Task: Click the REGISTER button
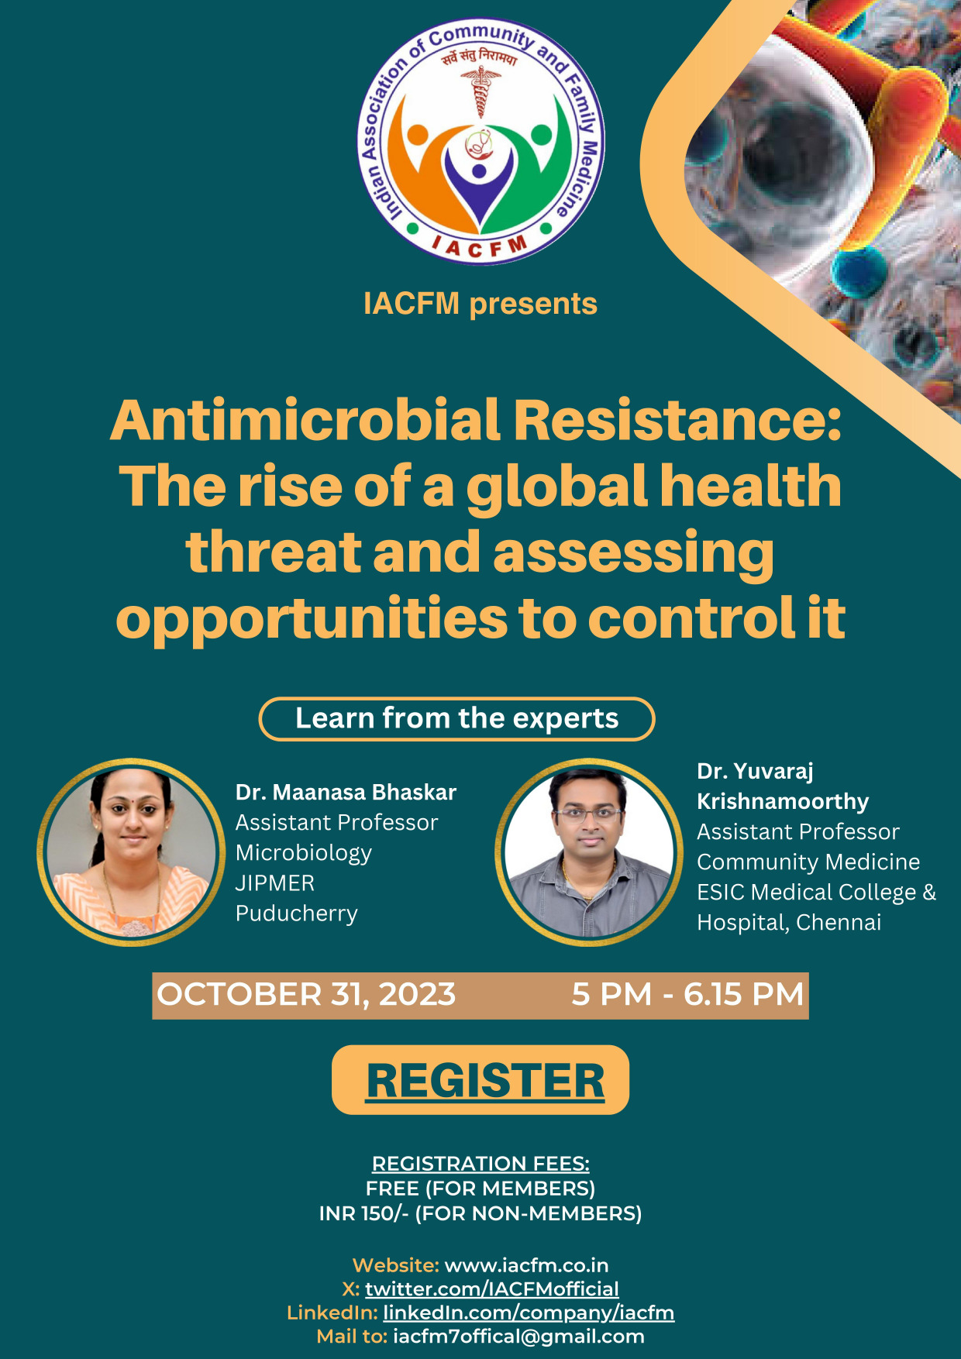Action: click(x=480, y=1080)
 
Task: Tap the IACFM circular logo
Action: click(x=480, y=142)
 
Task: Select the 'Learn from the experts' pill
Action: click(x=456, y=719)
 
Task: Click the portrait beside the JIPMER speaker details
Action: click(x=131, y=852)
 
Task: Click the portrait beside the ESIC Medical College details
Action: click(x=589, y=852)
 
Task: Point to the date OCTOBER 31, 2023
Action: click(x=306, y=995)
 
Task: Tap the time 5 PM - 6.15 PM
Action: click(x=687, y=995)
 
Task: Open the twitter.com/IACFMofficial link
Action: click(x=492, y=1288)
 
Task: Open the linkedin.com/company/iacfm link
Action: click(x=529, y=1313)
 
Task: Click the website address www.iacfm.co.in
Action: click(x=526, y=1265)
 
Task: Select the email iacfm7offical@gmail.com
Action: click(x=518, y=1337)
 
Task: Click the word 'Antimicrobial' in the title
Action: click(x=306, y=420)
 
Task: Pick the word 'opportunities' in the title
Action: click(x=312, y=620)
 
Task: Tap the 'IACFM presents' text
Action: click(x=480, y=304)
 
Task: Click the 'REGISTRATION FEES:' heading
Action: click(x=480, y=1164)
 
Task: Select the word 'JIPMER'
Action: click(x=275, y=883)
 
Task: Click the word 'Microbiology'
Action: click(x=304, y=854)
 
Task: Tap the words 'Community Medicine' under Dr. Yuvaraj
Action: click(x=808, y=862)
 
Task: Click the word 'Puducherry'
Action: click(x=297, y=914)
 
